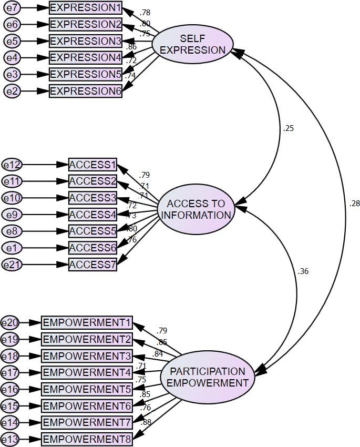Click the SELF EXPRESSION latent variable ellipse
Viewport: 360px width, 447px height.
[192, 44]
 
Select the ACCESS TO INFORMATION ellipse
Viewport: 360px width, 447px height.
[196, 209]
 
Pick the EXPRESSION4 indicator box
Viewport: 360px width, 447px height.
[86, 57]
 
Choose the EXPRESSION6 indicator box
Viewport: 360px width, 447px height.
[86, 90]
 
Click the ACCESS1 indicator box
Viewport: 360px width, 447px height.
[92, 165]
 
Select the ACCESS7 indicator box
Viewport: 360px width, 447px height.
[92, 264]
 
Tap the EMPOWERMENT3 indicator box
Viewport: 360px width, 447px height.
[87, 355]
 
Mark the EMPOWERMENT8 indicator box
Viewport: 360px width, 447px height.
[87, 439]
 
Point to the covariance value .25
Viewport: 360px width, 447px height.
[288, 128]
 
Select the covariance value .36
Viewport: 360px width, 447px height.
[303, 271]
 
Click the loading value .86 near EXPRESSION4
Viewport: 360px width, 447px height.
[131, 47]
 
